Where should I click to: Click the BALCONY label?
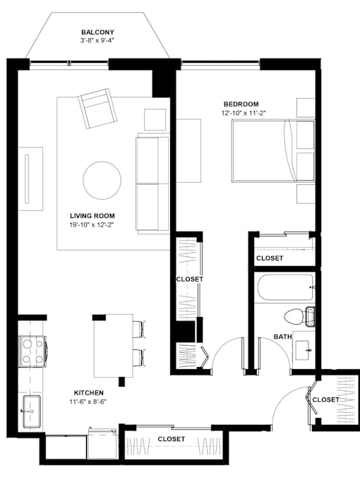pyautogui.click(x=97, y=32)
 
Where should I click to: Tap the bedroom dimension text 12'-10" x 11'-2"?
pyautogui.click(x=244, y=113)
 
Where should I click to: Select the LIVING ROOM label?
pyautogui.click(x=92, y=216)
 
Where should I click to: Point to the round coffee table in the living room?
pyautogui.click(x=102, y=181)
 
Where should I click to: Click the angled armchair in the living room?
pyautogui.click(x=98, y=109)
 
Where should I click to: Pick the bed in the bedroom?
pyautogui.click(x=273, y=151)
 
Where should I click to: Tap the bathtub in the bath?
pyautogui.click(x=284, y=287)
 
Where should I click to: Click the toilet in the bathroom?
pyautogui.click(x=299, y=316)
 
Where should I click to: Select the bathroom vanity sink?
pyautogui.click(x=304, y=349)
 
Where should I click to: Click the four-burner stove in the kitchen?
pyautogui.click(x=32, y=352)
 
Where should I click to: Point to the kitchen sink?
pyautogui.click(x=32, y=412)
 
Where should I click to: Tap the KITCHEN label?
pyautogui.click(x=89, y=392)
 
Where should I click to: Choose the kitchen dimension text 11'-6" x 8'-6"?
pyautogui.click(x=88, y=402)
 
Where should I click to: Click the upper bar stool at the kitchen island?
pyautogui.click(x=139, y=329)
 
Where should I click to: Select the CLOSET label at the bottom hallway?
pyautogui.click(x=172, y=439)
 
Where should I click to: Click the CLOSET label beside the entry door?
pyautogui.click(x=325, y=400)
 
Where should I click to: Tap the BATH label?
pyautogui.click(x=282, y=337)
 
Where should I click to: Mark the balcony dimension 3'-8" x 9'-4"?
pyautogui.click(x=97, y=40)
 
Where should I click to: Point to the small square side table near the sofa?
pyautogui.click(x=155, y=120)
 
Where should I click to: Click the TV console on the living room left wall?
pyautogui.click(x=30, y=179)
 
